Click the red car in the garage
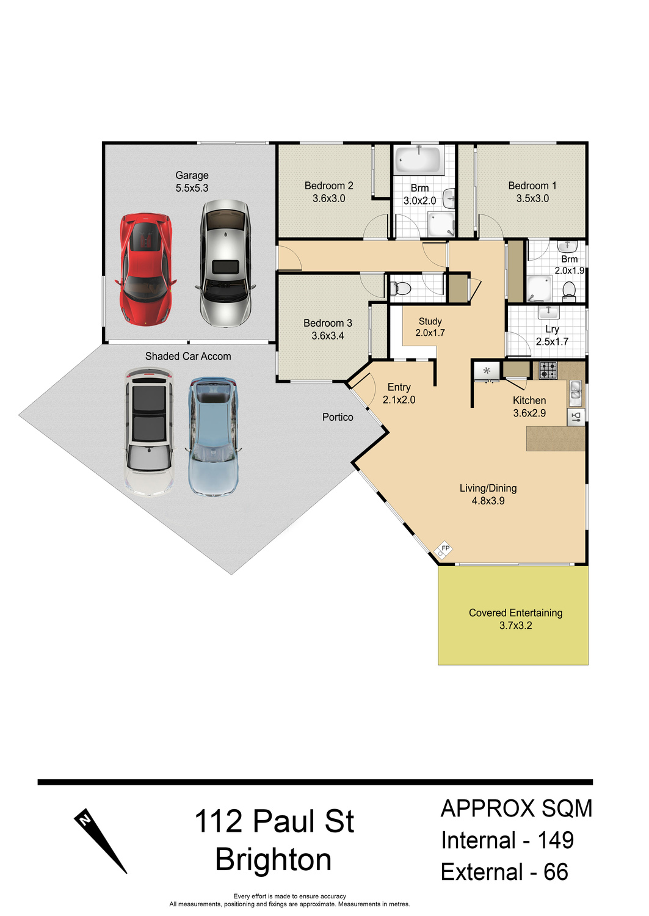145,269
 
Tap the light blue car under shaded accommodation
212,437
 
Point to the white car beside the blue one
150,432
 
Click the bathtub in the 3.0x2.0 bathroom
419,160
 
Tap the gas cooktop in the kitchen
548,371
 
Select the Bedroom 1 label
532,186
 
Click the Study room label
430,321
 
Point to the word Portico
338,417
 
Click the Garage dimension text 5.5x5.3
192,188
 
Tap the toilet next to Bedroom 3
399,288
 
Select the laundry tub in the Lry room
548,313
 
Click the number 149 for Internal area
556,841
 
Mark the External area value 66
556,872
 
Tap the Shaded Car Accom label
188,357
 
